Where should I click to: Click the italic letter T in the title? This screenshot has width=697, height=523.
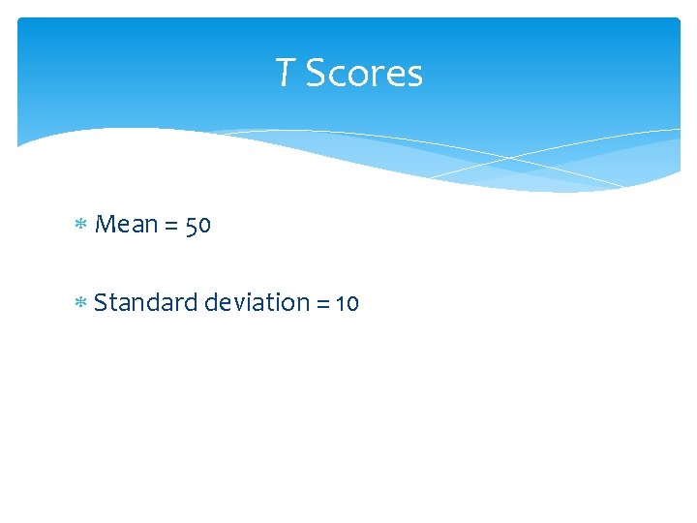point(286,73)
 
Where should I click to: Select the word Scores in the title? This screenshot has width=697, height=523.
point(364,74)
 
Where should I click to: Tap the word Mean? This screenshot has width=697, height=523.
point(127,225)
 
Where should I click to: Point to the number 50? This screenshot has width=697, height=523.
point(197,226)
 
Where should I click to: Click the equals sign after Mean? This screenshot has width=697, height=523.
point(171,227)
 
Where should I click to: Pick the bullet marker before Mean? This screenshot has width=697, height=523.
point(80,226)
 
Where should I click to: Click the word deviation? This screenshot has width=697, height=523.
point(257,303)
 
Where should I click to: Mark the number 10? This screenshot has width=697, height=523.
point(348,304)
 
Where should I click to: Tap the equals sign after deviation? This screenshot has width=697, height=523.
point(323,304)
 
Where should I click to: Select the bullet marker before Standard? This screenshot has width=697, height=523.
point(80,304)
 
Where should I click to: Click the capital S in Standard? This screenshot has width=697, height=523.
point(102,303)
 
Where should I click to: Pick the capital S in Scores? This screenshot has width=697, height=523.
point(316,74)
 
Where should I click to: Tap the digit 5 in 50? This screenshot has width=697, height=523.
point(191,227)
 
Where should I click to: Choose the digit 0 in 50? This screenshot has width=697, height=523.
point(203,227)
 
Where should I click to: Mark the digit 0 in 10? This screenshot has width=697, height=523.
point(352,305)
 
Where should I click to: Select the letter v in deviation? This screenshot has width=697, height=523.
point(234,304)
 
